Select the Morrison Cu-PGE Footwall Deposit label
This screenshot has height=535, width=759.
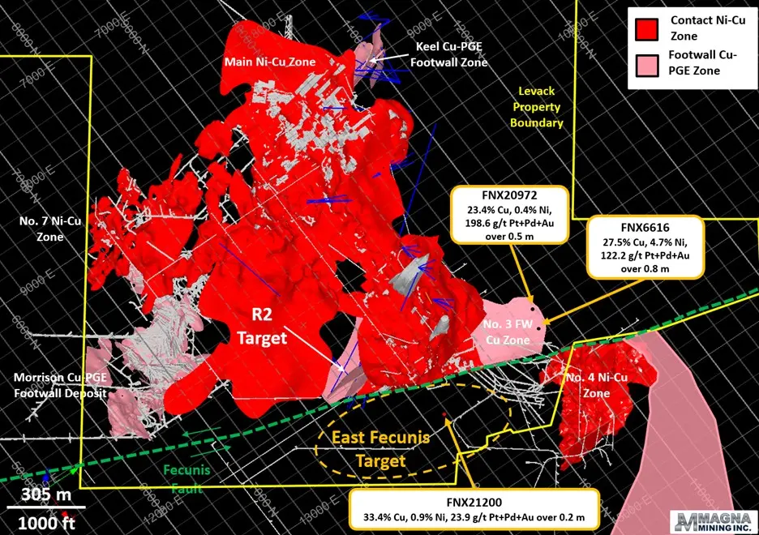[x=60, y=385]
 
